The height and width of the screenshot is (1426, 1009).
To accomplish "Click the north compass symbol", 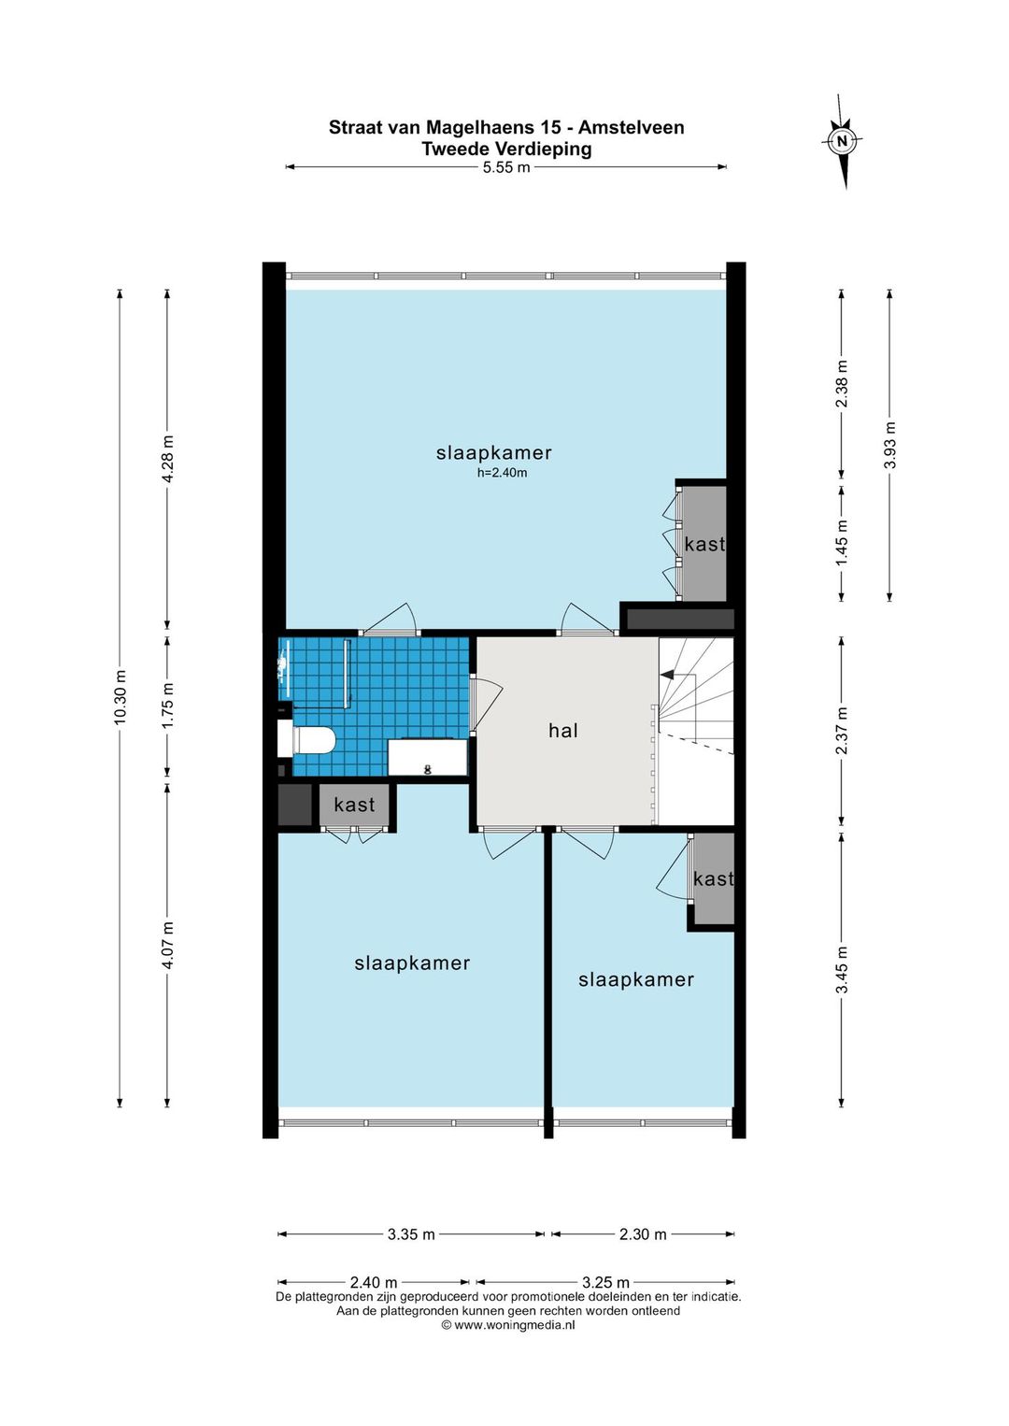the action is click(842, 141).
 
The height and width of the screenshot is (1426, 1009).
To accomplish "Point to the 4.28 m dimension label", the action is click(168, 459).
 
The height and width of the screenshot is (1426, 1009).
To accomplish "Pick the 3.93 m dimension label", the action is click(890, 445).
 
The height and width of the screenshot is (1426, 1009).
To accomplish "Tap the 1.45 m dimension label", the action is click(842, 542).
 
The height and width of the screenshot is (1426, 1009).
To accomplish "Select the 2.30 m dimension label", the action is click(643, 1234).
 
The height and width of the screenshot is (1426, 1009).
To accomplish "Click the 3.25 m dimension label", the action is click(605, 1282).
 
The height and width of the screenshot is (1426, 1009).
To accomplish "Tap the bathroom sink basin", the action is click(427, 757).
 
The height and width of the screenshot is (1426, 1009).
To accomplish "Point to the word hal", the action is click(563, 730).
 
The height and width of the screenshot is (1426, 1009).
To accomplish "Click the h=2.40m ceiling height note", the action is click(503, 473).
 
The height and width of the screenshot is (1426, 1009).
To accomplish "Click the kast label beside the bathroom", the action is click(355, 805).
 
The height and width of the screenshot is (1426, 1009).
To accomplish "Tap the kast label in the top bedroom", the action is click(704, 544).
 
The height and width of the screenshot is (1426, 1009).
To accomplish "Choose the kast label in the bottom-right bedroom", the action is click(713, 878).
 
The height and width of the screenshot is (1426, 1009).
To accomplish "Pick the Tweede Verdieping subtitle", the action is click(506, 149).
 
